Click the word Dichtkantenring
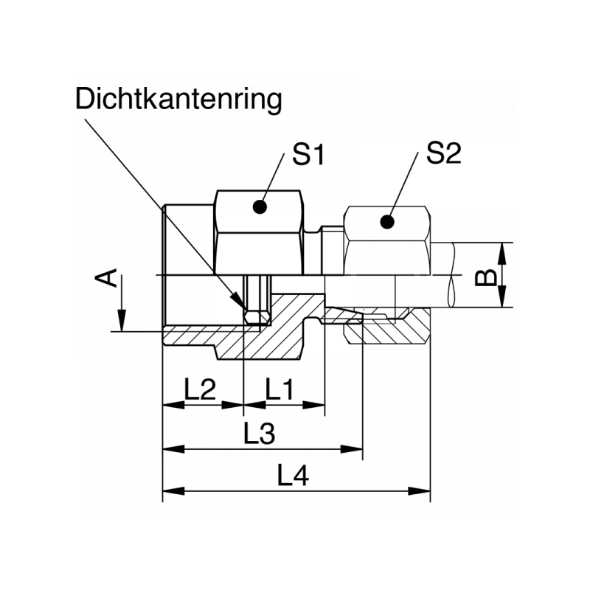pos(178,100)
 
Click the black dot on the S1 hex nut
pos(258,207)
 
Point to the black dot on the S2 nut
pos(386,221)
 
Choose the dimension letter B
pos(483,278)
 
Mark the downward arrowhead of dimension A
pos(122,324)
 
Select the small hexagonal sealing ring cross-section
pos(254,316)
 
